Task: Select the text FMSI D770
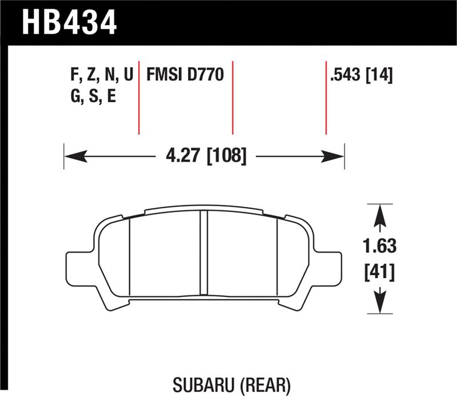click(x=185, y=75)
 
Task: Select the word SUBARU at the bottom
click(x=201, y=386)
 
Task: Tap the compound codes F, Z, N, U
click(x=100, y=75)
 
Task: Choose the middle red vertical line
click(x=232, y=97)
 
